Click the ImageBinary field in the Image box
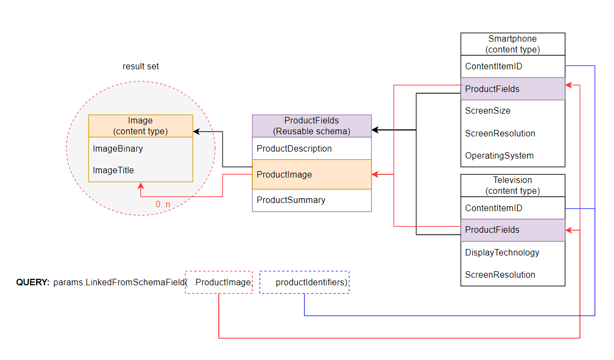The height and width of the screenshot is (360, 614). pyautogui.click(x=117, y=148)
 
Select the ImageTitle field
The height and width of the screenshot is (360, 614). pyautogui.click(x=113, y=171)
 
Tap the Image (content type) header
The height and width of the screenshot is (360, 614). pyautogui.click(x=140, y=126)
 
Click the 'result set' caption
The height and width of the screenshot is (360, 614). pyautogui.click(x=141, y=67)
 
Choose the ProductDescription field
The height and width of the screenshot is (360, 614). pyautogui.click(x=294, y=148)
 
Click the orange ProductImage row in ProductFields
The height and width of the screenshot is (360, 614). pyautogui.click(x=311, y=174)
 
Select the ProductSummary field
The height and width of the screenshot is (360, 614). pyautogui.click(x=291, y=200)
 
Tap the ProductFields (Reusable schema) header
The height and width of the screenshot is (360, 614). pyautogui.click(x=311, y=126)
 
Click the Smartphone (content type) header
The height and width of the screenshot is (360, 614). pyautogui.click(x=512, y=44)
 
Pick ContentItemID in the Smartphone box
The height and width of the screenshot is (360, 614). pyautogui.click(x=493, y=67)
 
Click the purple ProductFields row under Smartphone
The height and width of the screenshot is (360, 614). pyautogui.click(x=512, y=89)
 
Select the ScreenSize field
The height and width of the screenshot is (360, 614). pyautogui.click(x=487, y=111)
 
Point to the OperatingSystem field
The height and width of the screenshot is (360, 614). pyautogui.click(x=499, y=156)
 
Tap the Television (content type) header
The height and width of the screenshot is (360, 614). pyautogui.click(x=512, y=185)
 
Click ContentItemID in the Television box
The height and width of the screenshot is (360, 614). pyautogui.click(x=493, y=208)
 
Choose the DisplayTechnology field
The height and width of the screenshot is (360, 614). pyautogui.click(x=502, y=253)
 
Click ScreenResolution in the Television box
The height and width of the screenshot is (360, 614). pyautogui.click(x=500, y=275)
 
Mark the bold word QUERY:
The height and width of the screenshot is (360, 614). pyautogui.click(x=33, y=282)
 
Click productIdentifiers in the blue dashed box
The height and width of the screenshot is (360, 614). pyautogui.click(x=311, y=282)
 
